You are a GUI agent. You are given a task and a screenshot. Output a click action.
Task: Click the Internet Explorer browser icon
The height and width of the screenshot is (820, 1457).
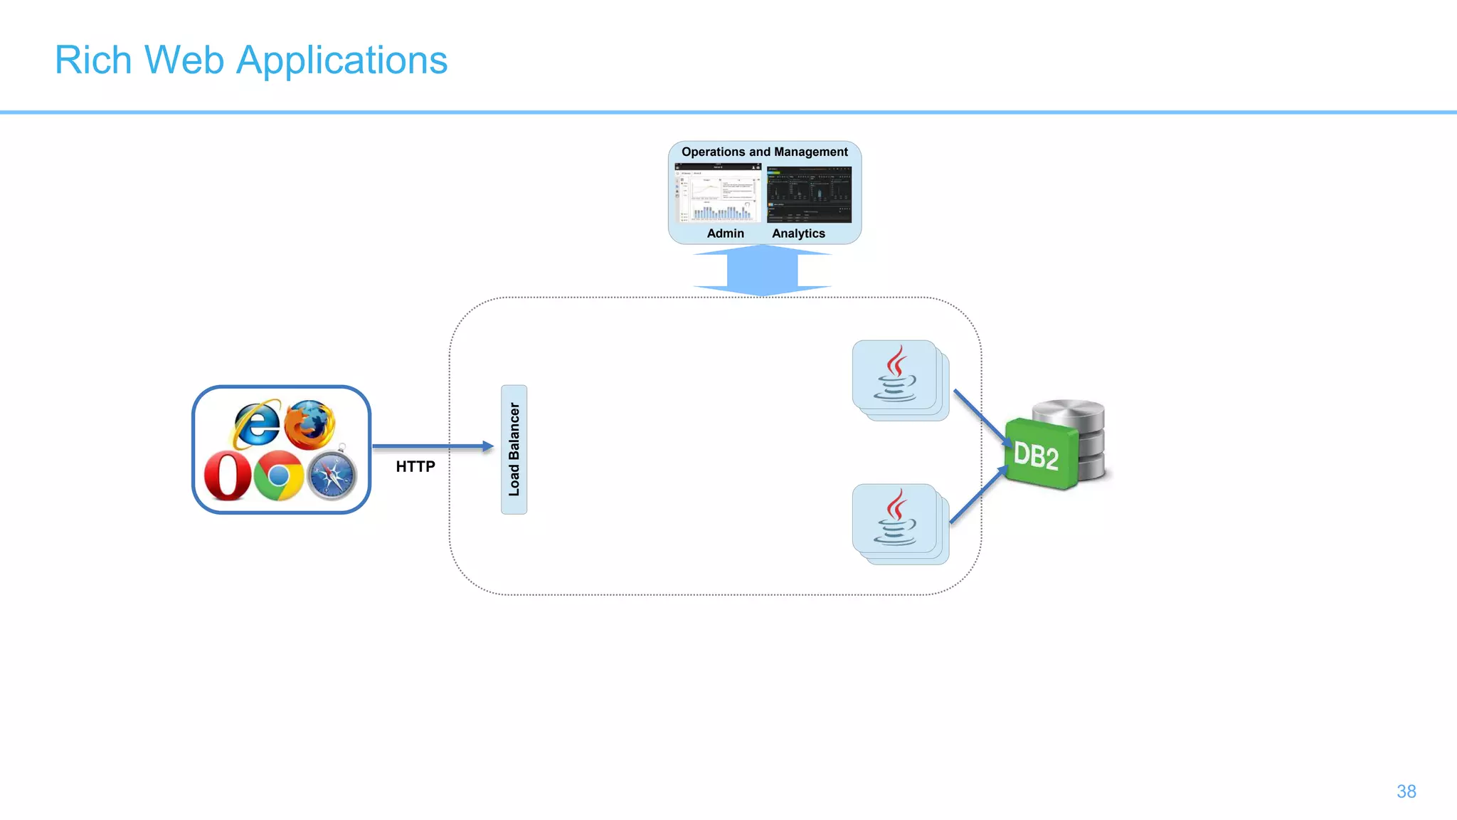(x=256, y=424)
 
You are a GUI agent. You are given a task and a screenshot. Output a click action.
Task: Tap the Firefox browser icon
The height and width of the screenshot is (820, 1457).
(x=310, y=424)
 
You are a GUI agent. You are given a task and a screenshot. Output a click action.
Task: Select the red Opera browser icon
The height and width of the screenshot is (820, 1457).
(x=228, y=475)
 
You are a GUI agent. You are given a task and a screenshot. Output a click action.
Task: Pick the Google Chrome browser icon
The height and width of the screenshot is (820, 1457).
(x=279, y=475)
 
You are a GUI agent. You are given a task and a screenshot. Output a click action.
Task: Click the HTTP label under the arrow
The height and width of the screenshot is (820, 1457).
(x=415, y=467)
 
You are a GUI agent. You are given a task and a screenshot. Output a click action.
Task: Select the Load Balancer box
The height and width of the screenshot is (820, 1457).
(x=514, y=449)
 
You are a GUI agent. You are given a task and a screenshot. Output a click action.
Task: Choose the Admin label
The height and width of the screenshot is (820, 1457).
(x=725, y=233)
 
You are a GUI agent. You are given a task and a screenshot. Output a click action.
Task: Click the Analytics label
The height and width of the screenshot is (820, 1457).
(x=798, y=233)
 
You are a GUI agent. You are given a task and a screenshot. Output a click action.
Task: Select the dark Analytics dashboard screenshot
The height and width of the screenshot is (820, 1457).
(x=809, y=194)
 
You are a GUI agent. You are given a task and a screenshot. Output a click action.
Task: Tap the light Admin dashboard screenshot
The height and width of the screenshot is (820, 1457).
(x=718, y=194)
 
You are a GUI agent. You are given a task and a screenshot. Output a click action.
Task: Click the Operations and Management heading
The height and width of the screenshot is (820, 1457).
(x=765, y=152)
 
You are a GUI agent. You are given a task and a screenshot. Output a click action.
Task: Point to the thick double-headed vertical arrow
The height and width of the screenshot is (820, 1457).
(x=762, y=270)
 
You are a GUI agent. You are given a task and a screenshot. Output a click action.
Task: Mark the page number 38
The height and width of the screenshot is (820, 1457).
(x=1406, y=792)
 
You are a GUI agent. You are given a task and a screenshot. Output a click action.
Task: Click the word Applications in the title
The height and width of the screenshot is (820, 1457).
(x=341, y=61)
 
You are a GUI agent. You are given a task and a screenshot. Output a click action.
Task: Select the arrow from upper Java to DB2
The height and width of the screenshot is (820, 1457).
(x=980, y=416)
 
